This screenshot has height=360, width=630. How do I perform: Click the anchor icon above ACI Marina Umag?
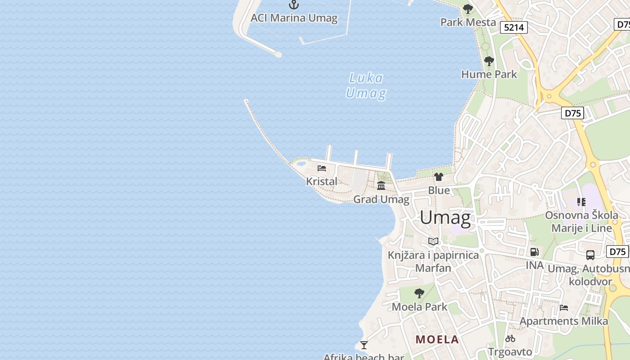pyautogui.click(x=294, y=5)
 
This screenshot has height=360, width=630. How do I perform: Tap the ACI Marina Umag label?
pyautogui.click(x=294, y=18)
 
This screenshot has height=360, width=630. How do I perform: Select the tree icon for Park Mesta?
pyautogui.click(x=468, y=9)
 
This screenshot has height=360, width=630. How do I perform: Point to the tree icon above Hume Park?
pyautogui.click(x=489, y=61)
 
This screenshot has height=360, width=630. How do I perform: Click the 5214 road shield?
pyautogui.click(x=514, y=27)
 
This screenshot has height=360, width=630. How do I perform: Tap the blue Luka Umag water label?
pyautogui.click(x=366, y=85)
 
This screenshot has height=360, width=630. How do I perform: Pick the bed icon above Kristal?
pyautogui.click(x=322, y=168)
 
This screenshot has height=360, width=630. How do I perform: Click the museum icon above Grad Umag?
pyautogui.click(x=381, y=185)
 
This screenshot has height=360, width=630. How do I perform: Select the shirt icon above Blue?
pyautogui.click(x=439, y=177)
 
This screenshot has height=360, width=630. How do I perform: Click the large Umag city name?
pyautogui.click(x=445, y=218)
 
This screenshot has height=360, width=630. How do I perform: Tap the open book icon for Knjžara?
pyautogui.click(x=433, y=242)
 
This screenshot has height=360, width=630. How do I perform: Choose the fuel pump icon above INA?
pyautogui.click(x=535, y=252)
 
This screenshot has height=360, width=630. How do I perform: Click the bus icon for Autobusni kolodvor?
pyautogui.click(x=590, y=255)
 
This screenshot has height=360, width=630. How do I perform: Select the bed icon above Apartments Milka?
pyautogui.click(x=564, y=308)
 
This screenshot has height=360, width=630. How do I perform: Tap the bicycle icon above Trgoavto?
pyautogui.click(x=510, y=338)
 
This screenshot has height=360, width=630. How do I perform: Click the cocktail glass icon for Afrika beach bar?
pyautogui.click(x=364, y=345)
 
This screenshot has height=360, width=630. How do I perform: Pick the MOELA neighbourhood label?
pyautogui.click(x=437, y=339)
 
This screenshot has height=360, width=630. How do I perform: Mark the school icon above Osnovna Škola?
pyautogui.click(x=581, y=202)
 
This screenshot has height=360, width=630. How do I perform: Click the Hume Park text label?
pyautogui.click(x=489, y=74)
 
